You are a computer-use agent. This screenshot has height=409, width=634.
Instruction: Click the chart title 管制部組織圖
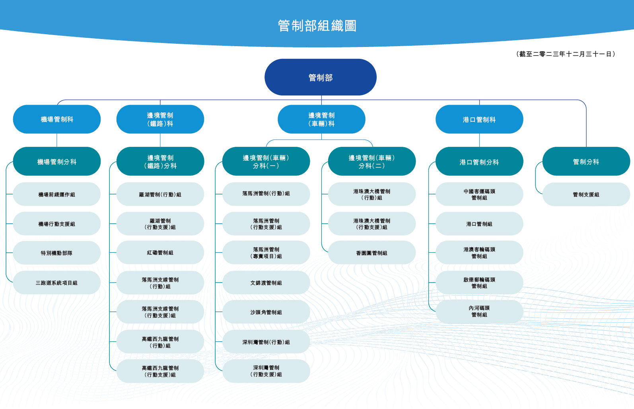(317, 26)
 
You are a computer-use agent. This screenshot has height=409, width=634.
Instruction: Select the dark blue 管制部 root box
(321, 77)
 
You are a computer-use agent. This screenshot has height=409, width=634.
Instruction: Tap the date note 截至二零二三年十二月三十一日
(566, 54)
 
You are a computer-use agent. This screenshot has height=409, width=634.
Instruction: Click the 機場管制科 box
(57, 119)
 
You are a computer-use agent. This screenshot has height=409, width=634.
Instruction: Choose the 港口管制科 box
(479, 119)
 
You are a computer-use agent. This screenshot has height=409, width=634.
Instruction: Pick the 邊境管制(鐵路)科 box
(160, 119)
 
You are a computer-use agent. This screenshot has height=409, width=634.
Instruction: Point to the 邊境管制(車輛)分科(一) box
(266, 162)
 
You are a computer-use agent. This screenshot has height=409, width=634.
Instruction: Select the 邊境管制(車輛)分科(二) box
(372, 162)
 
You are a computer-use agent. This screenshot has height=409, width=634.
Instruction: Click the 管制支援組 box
(586, 195)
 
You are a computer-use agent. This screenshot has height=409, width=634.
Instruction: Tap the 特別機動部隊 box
(57, 253)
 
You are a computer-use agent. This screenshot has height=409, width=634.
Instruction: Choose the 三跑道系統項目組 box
(57, 282)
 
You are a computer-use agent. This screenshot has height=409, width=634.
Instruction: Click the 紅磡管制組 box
(160, 253)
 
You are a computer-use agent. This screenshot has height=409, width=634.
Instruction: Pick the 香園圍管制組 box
(372, 253)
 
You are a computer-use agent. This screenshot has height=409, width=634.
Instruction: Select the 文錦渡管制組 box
(266, 282)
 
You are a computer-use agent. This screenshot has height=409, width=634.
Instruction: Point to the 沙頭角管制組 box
(266, 312)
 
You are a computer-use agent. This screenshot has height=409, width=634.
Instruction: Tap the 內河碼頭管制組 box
(479, 312)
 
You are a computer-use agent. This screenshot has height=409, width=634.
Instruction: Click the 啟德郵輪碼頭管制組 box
(479, 282)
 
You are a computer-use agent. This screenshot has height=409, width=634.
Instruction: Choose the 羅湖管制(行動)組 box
(160, 194)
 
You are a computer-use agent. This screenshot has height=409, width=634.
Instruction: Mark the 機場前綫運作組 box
(57, 194)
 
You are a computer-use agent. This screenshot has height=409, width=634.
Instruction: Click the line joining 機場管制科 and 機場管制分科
(57, 140)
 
